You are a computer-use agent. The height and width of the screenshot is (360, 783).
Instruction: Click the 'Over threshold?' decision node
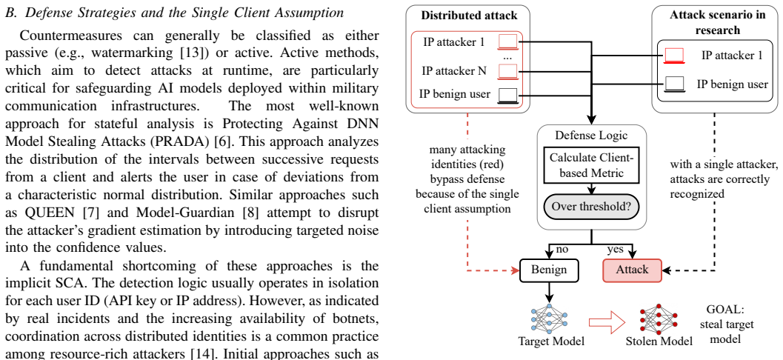[x=592, y=206]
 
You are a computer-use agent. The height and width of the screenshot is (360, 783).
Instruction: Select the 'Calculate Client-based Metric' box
[x=592, y=165]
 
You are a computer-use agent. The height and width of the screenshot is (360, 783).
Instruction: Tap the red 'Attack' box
[x=632, y=270]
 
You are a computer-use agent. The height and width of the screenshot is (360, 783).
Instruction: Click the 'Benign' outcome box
[x=549, y=270]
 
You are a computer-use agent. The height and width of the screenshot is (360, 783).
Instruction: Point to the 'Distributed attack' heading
[x=469, y=16]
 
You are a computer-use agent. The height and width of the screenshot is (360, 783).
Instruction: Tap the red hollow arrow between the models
[x=607, y=322]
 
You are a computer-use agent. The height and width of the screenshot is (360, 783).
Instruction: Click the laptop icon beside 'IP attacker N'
[x=508, y=73]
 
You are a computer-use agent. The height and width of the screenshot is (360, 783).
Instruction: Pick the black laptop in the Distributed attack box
[x=508, y=95]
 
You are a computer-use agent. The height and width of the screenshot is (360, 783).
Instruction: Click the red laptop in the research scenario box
[x=674, y=56]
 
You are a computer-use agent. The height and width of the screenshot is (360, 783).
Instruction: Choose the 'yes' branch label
[x=615, y=249]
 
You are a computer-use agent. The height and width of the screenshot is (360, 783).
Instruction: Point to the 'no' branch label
[x=562, y=249]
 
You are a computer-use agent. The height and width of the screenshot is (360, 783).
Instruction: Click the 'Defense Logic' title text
[x=592, y=135]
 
